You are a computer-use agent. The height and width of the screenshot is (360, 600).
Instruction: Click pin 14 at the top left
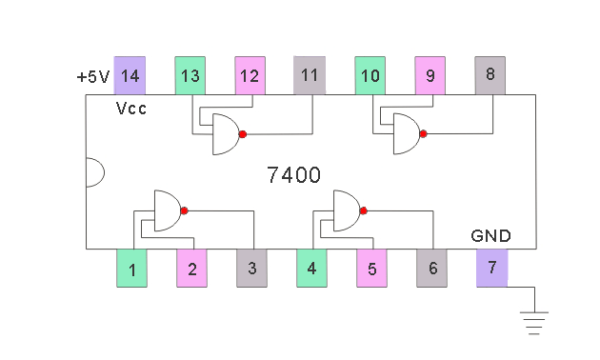(x=130, y=75)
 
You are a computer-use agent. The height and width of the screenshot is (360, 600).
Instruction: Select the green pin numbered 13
(x=190, y=75)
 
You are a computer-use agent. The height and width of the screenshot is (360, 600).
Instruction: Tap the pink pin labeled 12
(x=250, y=75)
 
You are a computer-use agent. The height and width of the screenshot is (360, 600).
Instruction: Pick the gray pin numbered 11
(x=310, y=75)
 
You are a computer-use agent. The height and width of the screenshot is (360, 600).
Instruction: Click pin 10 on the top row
(x=370, y=75)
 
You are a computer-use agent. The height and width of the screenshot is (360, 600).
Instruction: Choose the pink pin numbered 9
(x=430, y=75)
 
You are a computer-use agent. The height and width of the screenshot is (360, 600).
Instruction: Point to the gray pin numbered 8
(x=490, y=75)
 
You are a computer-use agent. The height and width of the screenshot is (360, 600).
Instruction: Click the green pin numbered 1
(x=131, y=268)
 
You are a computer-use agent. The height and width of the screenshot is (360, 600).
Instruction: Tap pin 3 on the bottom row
(x=251, y=268)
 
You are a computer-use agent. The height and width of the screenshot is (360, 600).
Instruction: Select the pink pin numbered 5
(x=372, y=268)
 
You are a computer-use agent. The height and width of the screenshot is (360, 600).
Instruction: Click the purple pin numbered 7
(x=492, y=268)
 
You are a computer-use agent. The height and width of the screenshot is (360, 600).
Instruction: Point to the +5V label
(x=93, y=77)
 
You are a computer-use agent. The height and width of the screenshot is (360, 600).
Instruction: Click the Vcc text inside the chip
(x=130, y=109)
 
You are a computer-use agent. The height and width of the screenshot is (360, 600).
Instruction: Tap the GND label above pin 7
(x=490, y=235)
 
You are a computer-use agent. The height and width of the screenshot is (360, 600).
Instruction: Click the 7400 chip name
(x=293, y=175)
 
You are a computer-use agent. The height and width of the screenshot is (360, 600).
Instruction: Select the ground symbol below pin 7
(x=534, y=323)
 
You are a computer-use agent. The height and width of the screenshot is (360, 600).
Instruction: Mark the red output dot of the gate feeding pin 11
(x=243, y=134)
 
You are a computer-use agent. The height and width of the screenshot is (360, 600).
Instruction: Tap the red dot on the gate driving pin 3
(x=184, y=210)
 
